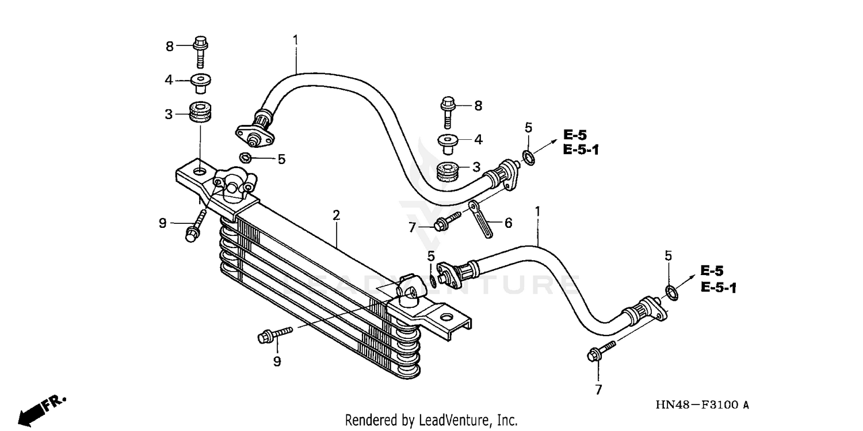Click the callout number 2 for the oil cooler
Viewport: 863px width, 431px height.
(x=336, y=216)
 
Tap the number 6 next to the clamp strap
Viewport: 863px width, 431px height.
(x=508, y=223)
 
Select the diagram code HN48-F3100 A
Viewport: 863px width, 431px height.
(x=702, y=406)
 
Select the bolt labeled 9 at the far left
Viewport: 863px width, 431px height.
(x=194, y=226)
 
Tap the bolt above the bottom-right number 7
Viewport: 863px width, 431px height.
(x=601, y=350)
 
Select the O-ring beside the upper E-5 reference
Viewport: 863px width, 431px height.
(x=529, y=157)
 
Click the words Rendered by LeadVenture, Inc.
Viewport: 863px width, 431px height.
(x=431, y=420)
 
